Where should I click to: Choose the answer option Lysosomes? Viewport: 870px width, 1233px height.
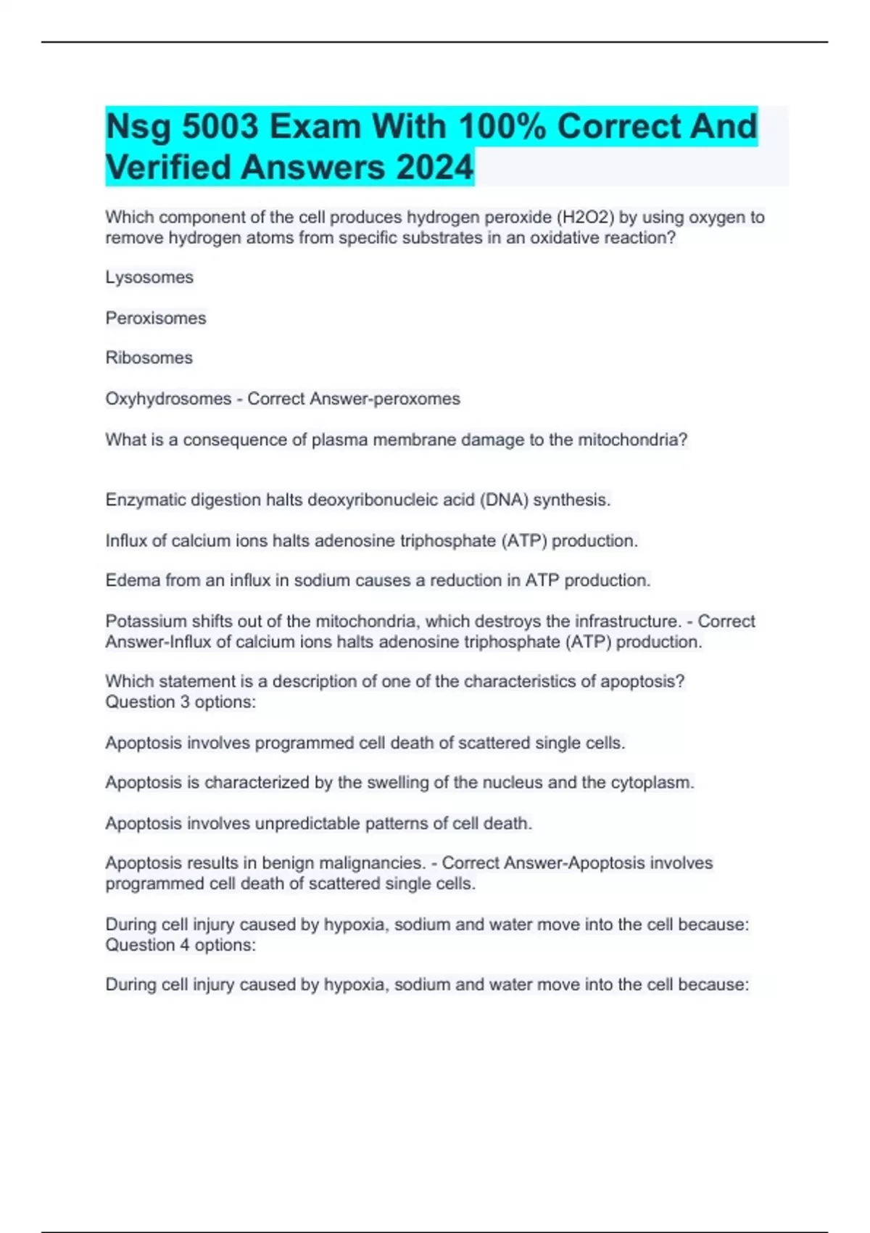149,278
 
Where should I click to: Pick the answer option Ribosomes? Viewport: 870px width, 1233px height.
149,358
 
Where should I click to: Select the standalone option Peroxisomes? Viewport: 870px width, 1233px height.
156,318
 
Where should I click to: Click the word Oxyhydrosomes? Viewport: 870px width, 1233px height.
168,399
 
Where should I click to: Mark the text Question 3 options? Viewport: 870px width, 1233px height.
181,702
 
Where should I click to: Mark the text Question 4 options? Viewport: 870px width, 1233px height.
181,945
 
